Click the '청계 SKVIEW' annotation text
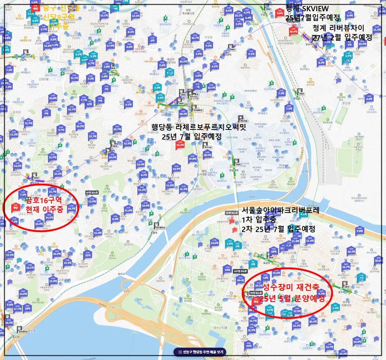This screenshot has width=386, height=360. tap(307, 8)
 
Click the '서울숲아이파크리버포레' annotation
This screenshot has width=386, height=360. tap(280, 210)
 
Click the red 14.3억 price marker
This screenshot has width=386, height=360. tap(180, 145)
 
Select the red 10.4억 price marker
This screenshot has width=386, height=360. tap(293, 31)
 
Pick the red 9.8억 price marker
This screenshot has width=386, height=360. tap(279, 12)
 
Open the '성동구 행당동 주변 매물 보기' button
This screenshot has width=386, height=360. tap(200, 352)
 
